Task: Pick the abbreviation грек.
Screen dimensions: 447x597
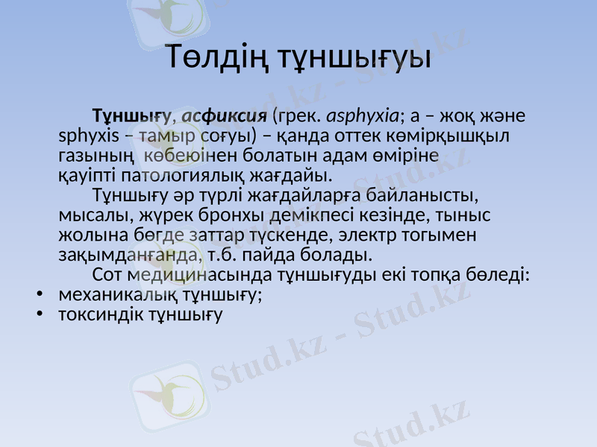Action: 298,116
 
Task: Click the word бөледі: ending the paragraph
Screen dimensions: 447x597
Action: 500,276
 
